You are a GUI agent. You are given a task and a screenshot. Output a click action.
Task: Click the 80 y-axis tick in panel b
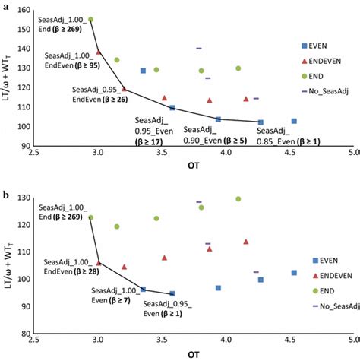click(x=25, y=333)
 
